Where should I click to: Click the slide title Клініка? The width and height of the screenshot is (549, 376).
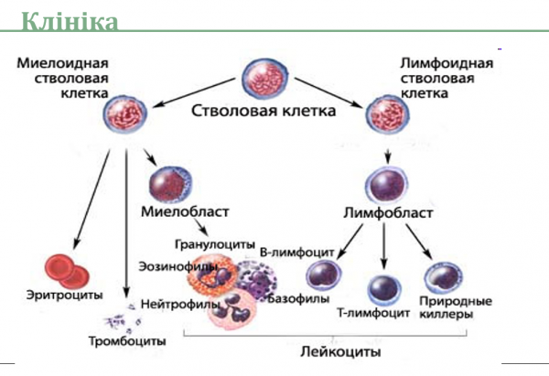[x=69, y=19]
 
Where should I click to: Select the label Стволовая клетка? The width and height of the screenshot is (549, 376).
[x=264, y=112]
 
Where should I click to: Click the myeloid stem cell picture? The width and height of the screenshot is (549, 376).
[x=126, y=114]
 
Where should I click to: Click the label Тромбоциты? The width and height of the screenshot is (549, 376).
[x=134, y=340]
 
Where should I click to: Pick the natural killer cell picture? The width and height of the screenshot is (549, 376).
[x=442, y=276]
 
